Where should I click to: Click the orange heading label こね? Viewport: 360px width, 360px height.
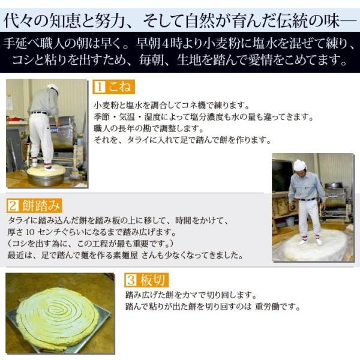pyautogui.click(x=113, y=87)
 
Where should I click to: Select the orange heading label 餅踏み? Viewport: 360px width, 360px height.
pyautogui.click(x=34, y=205)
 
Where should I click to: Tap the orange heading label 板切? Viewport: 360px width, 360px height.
pyautogui.click(x=146, y=280)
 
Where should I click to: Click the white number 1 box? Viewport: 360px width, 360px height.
pyautogui.click(x=100, y=87)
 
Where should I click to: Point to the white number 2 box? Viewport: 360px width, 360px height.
pyautogui.click(x=13, y=206)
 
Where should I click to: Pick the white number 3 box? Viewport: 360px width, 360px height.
pyautogui.click(x=131, y=280)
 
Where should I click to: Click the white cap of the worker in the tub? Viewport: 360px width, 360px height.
pyautogui.click(x=53, y=88)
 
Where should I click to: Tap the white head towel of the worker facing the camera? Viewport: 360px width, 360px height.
pyautogui.click(x=300, y=166)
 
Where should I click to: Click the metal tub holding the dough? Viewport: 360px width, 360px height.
pyautogui.click(x=47, y=176)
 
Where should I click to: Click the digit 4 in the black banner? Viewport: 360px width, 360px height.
pyautogui.click(x=164, y=44)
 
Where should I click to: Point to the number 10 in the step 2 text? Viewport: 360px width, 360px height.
pyautogui.click(x=30, y=232)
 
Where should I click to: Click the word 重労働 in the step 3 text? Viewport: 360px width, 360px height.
pyautogui.click(x=267, y=307)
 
